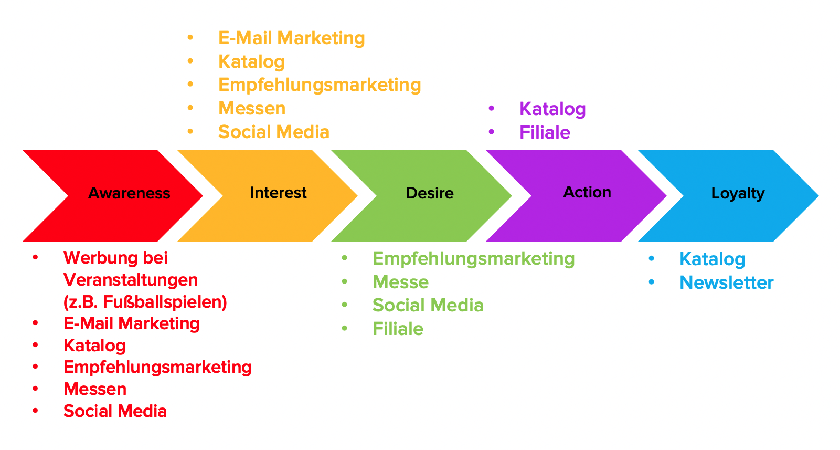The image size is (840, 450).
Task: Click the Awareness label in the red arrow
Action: click(x=129, y=193)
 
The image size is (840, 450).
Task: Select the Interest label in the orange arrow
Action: click(x=278, y=193)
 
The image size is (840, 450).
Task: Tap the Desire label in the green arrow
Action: click(x=430, y=193)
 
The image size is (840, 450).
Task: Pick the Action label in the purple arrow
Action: click(x=587, y=192)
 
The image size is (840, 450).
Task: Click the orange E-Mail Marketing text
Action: click(x=291, y=38)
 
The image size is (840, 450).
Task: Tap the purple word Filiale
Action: click(x=545, y=132)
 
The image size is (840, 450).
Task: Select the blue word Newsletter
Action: click(x=726, y=282)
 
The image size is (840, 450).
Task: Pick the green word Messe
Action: click(x=400, y=282)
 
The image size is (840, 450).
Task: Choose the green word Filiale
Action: click(x=398, y=329)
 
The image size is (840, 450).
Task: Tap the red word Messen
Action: click(x=95, y=389)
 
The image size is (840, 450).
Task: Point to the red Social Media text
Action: click(x=115, y=411)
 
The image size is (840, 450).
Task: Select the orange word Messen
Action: click(x=252, y=109)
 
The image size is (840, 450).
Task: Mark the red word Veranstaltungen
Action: click(x=131, y=280)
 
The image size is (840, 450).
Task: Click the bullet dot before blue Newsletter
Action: click(x=651, y=282)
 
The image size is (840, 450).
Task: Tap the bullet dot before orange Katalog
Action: click(x=190, y=61)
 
